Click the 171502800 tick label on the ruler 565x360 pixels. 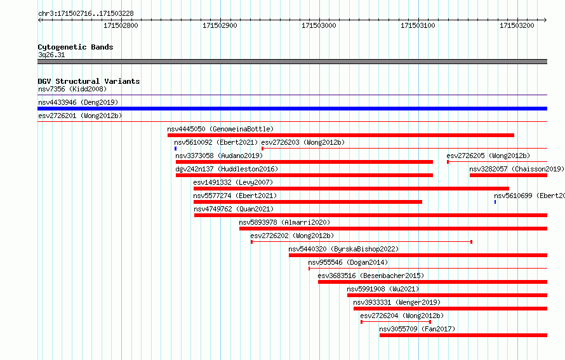point(121,25)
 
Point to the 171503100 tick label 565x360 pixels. point(418,25)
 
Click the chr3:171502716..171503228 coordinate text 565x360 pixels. point(86,14)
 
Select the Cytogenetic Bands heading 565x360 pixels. point(76,47)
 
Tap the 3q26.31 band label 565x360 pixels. point(51,55)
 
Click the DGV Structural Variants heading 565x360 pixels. point(89,81)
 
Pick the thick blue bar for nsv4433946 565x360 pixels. point(292,109)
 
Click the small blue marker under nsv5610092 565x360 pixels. point(175,149)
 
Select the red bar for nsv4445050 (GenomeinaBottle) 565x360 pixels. point(341,135)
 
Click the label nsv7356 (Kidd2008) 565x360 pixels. point(72,89)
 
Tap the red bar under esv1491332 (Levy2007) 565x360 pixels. point(351,189)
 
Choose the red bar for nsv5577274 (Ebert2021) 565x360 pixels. point(308,202)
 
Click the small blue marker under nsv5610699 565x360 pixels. point(495,202)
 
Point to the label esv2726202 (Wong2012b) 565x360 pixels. point(292,236)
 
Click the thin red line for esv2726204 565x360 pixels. point(396,322)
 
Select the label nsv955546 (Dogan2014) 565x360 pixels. point(348,262)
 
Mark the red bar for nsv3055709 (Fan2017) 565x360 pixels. point(463,335)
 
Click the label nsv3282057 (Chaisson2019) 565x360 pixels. point(517,169)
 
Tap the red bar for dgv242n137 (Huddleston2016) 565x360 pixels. point(305,175)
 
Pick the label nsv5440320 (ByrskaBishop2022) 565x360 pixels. point(343,249)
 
